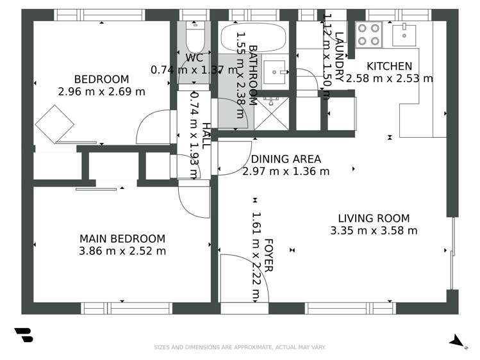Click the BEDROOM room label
pos(101,79)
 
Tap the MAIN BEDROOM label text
pos(122,238)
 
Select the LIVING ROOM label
pos(374,218)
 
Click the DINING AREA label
pos(286,160)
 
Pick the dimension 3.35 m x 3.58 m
pos(374,231)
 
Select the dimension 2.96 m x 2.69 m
pos(101,92)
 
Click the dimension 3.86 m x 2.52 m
pos(122,250)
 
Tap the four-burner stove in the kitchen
pos(369,35)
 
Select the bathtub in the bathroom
pos(255,37)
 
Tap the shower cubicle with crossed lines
pos(272,114)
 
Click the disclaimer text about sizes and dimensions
pos(240,347)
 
